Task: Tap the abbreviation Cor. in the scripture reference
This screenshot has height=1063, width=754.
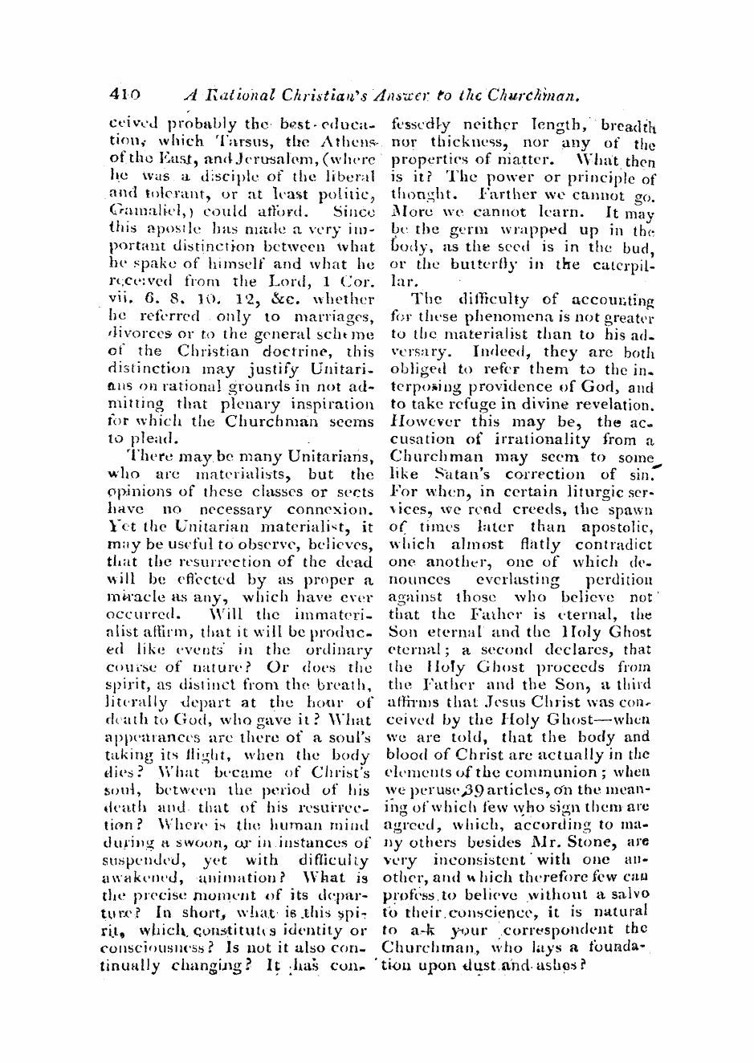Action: click(x=353, y=282)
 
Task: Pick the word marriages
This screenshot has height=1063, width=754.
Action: click(x=336, y=316)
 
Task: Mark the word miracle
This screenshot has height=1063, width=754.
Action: click(x=131, y=597)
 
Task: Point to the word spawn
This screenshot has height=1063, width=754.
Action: click(x=633, y=508)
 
